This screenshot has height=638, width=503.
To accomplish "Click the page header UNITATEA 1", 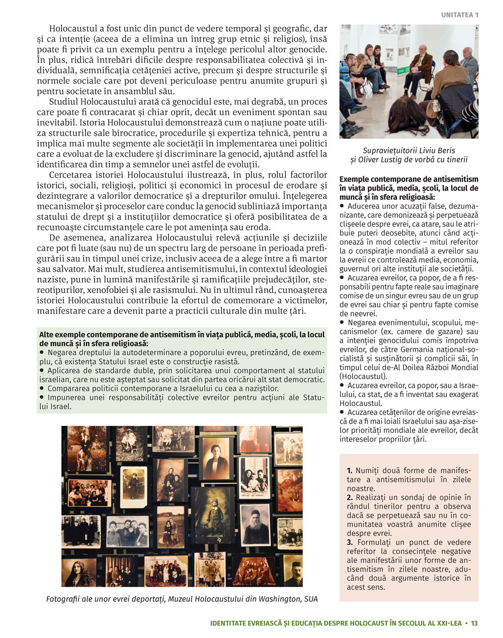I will pyautogui.click(x=460, y=15).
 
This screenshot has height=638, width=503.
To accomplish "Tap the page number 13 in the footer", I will pyautogui.click(x=474, y=623).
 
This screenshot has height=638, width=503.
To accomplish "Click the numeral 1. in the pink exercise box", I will pyautogui.click(x=350, y=470).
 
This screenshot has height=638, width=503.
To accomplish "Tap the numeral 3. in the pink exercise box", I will pyautogui.click(x=350, y=542).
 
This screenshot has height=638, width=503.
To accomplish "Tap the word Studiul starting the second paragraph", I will pyautogui.click(x=64, y=101).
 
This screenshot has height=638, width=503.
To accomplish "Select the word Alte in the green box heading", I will pyautogui.click(x=47, y=335).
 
